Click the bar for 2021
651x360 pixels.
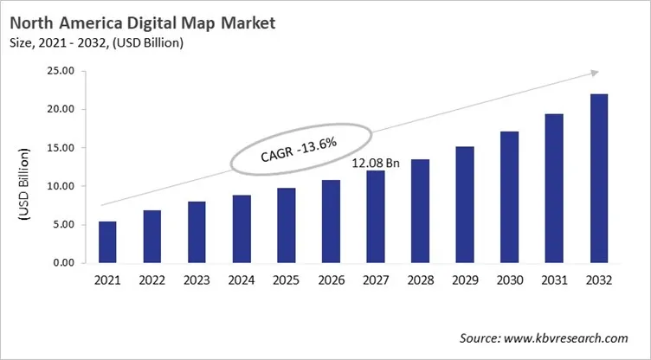(107, 242)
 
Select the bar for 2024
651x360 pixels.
(242, 229)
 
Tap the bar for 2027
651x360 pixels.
(376, 217)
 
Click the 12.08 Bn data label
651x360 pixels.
(375, 162)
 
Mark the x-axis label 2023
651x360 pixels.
(197, 280)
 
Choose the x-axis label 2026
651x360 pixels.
(331, 280)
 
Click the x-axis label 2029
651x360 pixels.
(465, 280)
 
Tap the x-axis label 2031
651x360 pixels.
(554, 280)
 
